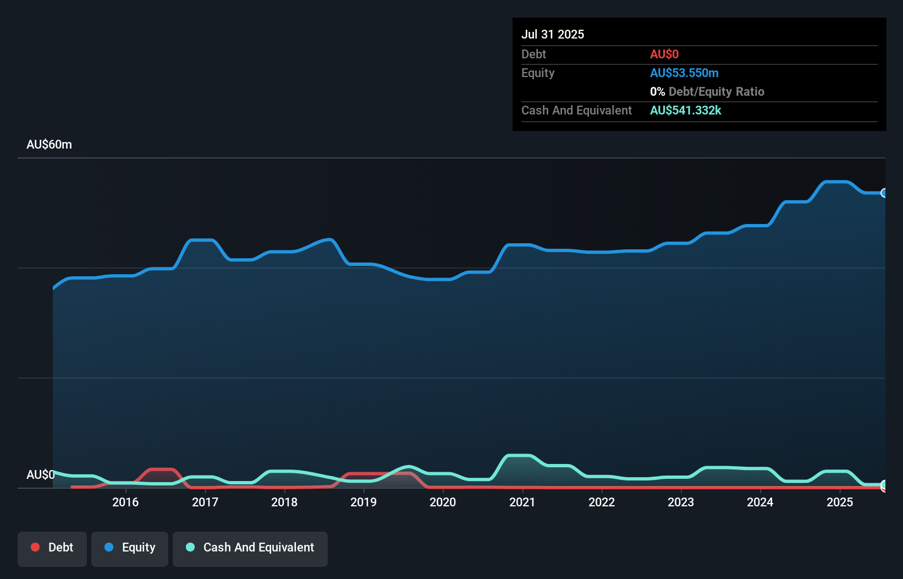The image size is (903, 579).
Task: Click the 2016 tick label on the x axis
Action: tap(125, 502)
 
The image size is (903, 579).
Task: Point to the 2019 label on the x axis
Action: tap(364, 502)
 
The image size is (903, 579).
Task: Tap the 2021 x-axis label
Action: tap(522, 502)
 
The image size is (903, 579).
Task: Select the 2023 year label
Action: tap(681, 502)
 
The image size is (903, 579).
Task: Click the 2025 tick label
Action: tap(840, 502)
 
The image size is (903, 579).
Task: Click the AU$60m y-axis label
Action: tap(49, 145)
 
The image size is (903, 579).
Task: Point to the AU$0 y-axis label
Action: tap(40, 474)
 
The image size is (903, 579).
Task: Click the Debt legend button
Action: tap(52, 548)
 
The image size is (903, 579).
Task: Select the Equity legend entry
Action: tap(130, 548)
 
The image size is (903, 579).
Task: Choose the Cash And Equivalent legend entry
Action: tap(250, 548)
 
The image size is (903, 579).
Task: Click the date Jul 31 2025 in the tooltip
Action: tap(553, 34)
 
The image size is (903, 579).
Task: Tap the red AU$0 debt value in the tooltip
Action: tap(664, 54)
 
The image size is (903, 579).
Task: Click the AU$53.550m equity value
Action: tap(684, 73)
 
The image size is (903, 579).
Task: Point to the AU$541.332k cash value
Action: tap(685, 110)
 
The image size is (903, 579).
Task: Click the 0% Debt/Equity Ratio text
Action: tap(707, 91)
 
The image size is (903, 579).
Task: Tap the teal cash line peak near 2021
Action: tap(519, 456)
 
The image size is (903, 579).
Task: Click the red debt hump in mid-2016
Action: tap(162, 469)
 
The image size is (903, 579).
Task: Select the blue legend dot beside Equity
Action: tap(109, 547)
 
